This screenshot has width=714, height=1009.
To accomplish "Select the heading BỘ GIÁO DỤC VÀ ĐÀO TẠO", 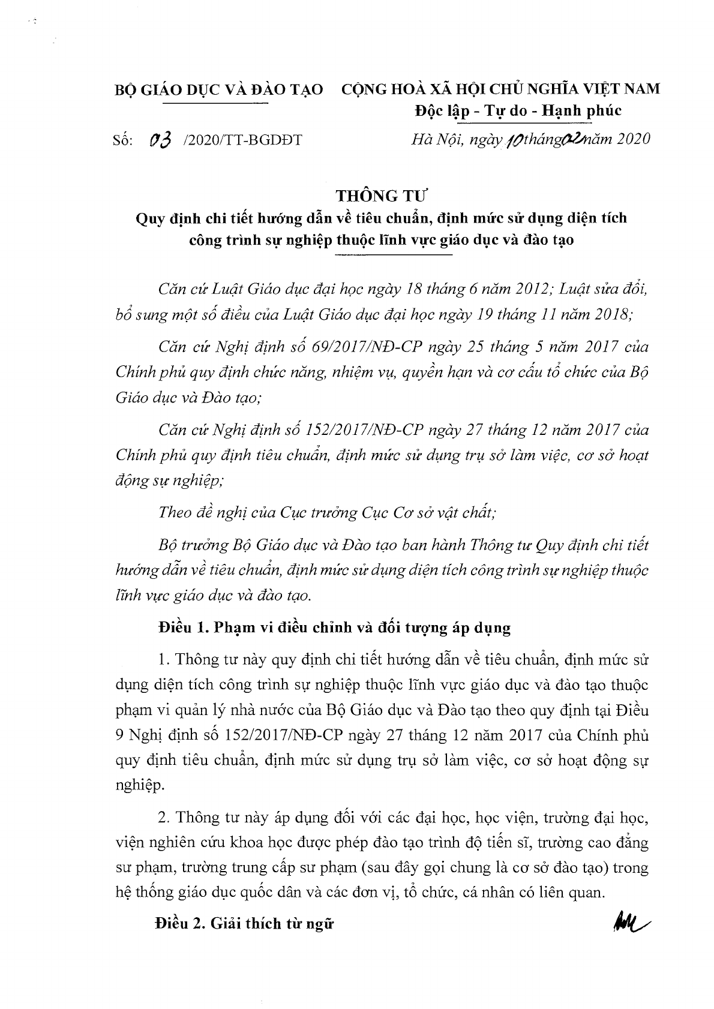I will tap(219, 89).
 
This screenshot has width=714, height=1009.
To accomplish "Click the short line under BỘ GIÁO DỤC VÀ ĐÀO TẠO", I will tap(215, 103).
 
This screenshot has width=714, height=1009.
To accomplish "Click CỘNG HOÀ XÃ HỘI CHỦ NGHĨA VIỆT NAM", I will tap(500, 89).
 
